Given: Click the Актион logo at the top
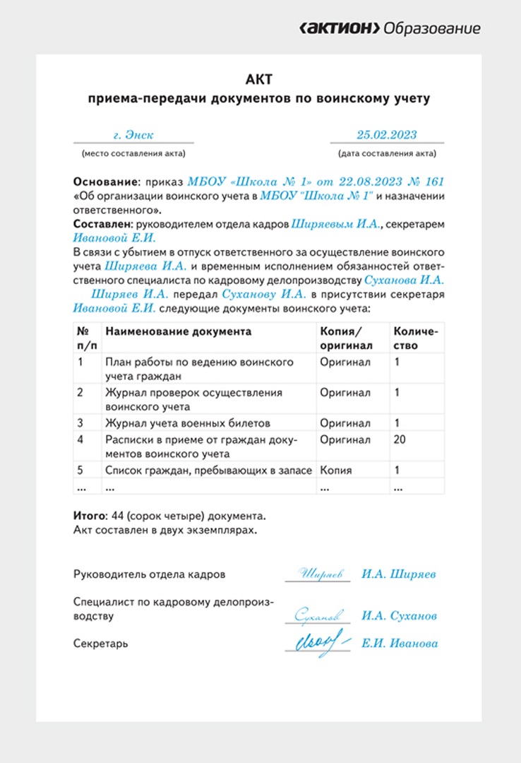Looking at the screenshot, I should click(390, 28).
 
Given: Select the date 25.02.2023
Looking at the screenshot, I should click(386, 135).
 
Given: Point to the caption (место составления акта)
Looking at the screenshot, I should click(133, 153).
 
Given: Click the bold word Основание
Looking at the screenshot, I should click(105, 182).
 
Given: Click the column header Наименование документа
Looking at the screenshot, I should click(178, 331).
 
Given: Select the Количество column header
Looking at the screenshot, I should click(416, 338).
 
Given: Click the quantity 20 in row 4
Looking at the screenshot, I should click(400, 439).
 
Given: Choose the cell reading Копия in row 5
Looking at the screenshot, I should click(335, 470).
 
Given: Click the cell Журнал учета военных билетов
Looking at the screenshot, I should click(187, 423).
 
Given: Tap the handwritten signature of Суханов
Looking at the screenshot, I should click(319, 615).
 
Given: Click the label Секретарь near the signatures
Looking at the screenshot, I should click(101, 644).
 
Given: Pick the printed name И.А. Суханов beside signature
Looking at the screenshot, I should click(400, 615).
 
